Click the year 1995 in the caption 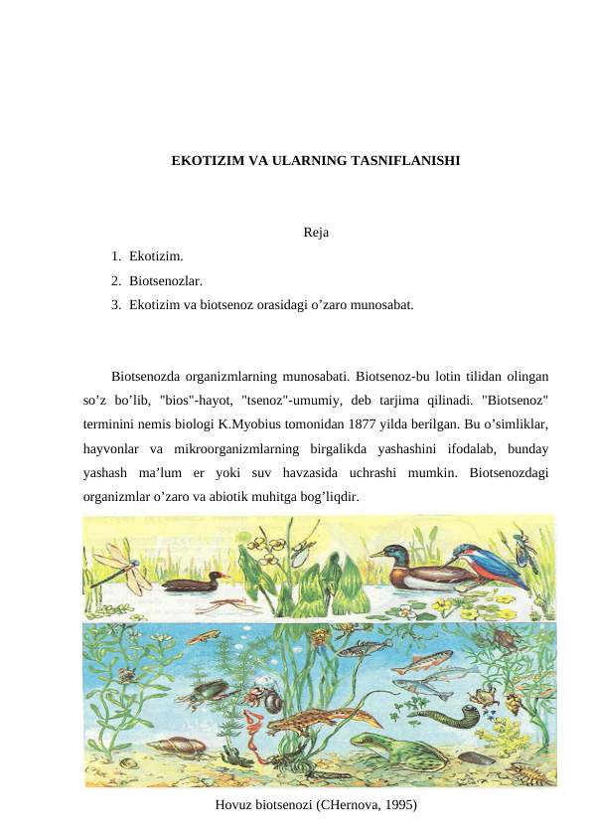coord(396,804)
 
